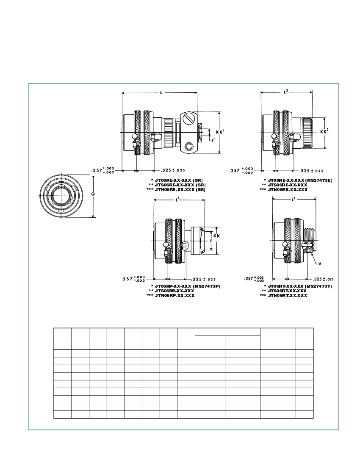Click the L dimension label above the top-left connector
[161, 92]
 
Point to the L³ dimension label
[293, 199]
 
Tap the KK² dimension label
[324, 132]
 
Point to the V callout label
[319, 264]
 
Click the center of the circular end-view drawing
[62, 197]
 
